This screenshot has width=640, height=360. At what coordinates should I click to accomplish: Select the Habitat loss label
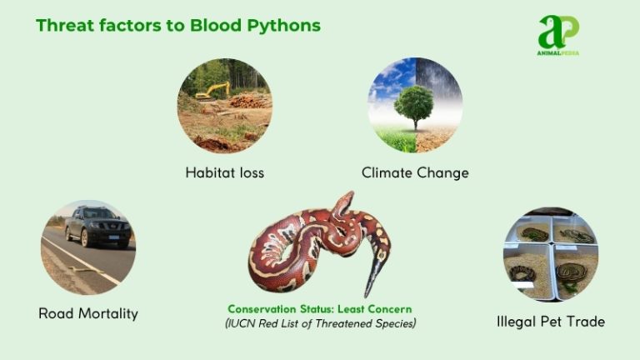pyautogui.click(x=225, y=173)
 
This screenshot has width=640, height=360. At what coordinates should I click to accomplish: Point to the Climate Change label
pyautogui.click(x=415, y=173)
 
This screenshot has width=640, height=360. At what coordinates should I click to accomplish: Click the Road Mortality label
pyautogui.click(x=88, y=314)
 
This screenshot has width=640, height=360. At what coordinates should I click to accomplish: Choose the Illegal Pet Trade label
pyautogui.click(x=550, y=321)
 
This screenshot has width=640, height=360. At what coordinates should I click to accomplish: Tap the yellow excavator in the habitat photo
pyautogui.click(x=214, y=90)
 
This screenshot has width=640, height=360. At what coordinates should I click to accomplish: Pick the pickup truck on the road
pyautogui.click(x=97, y=227)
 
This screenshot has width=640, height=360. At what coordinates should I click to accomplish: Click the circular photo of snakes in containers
pyautogui.click(x=551, y=254)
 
